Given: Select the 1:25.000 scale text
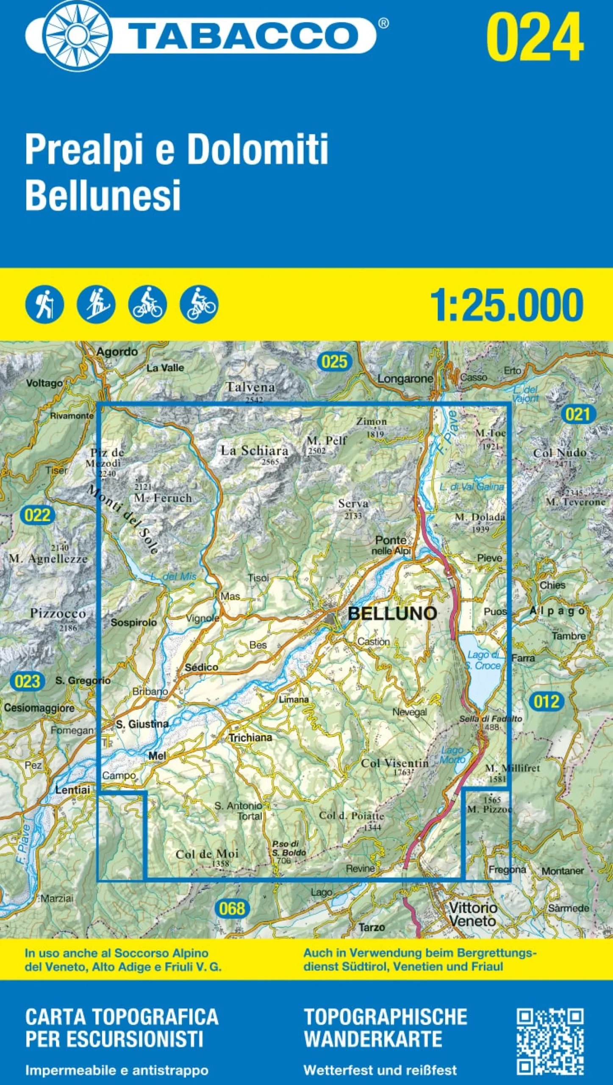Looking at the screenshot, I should [507, 305].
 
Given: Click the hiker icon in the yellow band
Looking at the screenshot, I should [44, 304].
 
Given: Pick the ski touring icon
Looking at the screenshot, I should [96, 304].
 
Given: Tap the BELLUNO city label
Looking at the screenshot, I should [392, 613].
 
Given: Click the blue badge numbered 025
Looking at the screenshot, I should [334, 362].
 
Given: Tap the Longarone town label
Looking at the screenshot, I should [405, 378].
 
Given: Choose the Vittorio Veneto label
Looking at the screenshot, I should [472, 914].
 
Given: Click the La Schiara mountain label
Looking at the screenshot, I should [254, 451].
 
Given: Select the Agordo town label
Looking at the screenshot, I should [117, 352].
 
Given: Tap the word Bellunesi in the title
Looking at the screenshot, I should [103, 195].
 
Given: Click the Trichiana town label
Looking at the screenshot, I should [250, 737].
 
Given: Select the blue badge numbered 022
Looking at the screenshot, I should [38, 515].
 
